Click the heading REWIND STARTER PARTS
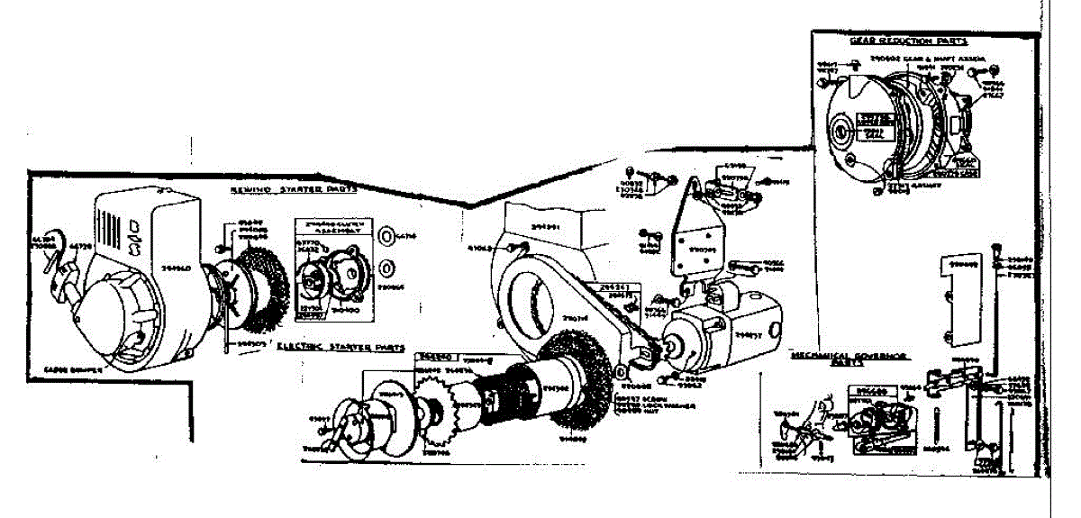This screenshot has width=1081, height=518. [294, 190]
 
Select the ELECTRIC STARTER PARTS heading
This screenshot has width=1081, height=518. [340, 346]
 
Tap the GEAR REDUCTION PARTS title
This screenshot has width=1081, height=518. [907, 41]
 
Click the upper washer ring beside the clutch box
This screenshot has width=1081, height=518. [386, 237]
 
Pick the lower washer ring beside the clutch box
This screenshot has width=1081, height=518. [386, 268]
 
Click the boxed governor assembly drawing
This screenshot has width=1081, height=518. [877, 419]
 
